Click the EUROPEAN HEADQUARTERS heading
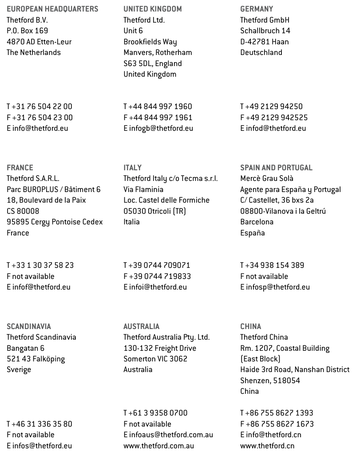52,9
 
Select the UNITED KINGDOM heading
153,9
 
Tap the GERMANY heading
257,9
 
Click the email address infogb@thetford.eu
161,129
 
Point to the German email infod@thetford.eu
276,129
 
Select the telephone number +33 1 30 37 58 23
44,266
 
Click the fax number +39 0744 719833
160,276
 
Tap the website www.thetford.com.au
158,446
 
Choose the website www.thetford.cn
267,446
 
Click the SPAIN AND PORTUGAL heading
276,168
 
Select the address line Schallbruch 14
265,31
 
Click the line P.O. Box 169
28,31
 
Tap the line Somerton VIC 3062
155,359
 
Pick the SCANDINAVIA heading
29,326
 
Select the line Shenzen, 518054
270,380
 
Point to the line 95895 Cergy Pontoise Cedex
55,222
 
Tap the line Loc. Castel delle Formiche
166,200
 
